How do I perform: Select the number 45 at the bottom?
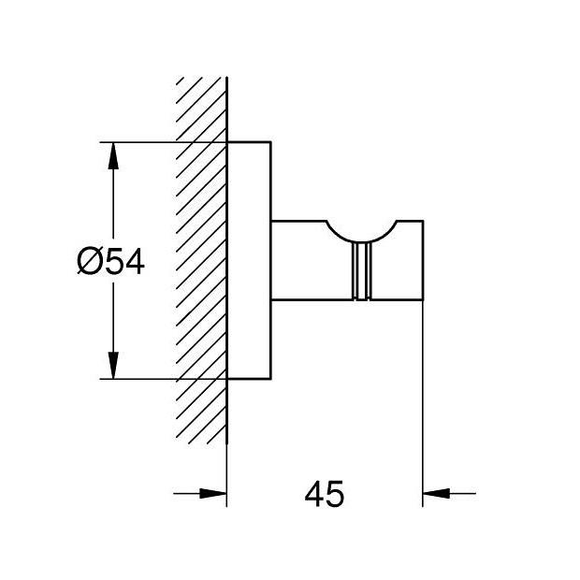325,493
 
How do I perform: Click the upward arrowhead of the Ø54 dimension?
113,154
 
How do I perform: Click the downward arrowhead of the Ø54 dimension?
113,366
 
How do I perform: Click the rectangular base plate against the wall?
250,261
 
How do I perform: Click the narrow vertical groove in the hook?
360,271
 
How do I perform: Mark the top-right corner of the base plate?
271,143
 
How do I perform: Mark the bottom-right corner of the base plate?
271,379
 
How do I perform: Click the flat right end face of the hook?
424,262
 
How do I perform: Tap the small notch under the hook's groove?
360,299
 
